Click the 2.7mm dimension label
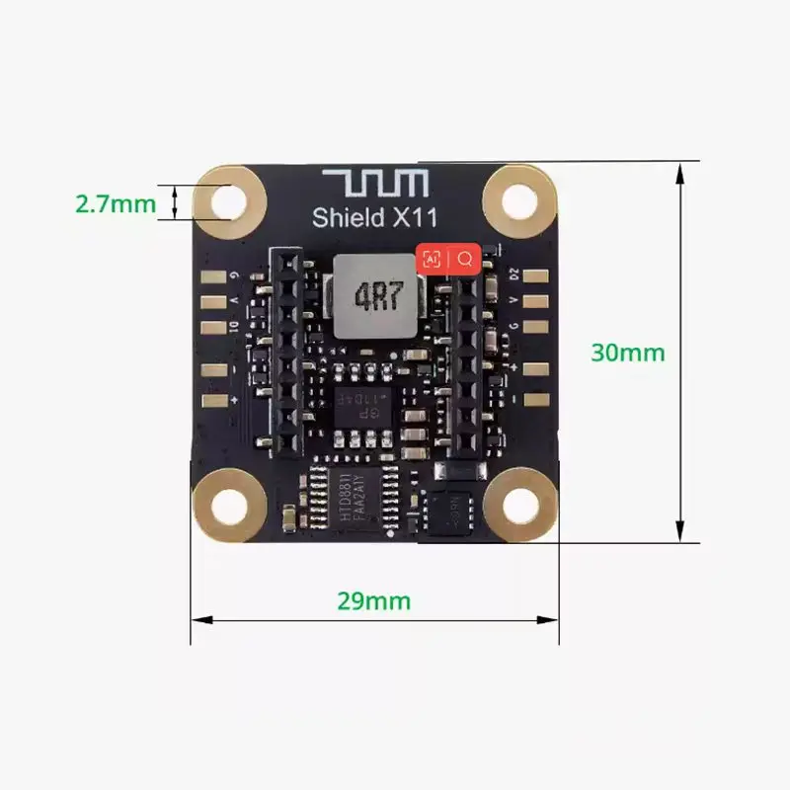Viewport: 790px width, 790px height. click(116, 204)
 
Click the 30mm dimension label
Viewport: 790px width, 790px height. click(628, 352)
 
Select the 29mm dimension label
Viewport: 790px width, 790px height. click(374, 600)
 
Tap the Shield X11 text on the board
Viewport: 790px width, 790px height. click(374, 217)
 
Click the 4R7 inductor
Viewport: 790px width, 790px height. click(375, 296)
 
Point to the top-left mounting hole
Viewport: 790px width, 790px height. click(229, 201)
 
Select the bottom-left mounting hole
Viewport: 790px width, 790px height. click(229, 506)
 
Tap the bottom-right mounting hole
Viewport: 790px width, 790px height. click(520, 506)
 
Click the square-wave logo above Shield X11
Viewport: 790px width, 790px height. click(375, 183)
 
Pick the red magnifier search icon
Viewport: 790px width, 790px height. click(466, 259)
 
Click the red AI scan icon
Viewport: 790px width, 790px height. click(432, 259)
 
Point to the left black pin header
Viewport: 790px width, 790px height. click(287, 351)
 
